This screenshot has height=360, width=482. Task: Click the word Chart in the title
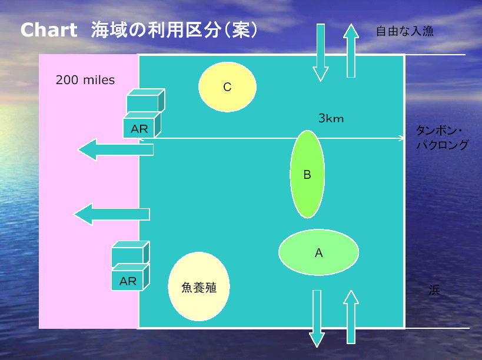(49, 30)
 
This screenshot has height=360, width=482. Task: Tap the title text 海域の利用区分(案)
(174, 30)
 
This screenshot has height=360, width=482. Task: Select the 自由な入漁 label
(404, 31)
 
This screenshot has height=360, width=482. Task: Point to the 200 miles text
(85, 80)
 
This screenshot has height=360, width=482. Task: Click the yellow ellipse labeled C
(227, 87)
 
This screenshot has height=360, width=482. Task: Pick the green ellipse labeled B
(307, 174)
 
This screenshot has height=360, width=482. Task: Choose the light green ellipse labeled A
(318, 252)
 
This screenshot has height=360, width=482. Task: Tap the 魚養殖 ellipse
(199, 286)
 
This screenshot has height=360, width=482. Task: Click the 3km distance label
(331, 118)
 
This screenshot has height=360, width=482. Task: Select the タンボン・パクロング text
(442, 138)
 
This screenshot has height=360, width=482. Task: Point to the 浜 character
(434, 290)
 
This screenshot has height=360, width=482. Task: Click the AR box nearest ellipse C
(142, 125)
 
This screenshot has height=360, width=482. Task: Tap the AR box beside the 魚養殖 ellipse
(130, 277)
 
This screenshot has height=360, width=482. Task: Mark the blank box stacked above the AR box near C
(146, 101)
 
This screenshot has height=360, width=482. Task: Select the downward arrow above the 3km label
(321, 52)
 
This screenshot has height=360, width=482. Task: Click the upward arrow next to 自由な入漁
(351, 51)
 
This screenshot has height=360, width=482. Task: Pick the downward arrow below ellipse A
(317, 319)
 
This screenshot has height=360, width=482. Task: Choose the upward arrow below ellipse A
(351, 316)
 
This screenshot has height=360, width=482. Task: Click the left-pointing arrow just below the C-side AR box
(115, 149)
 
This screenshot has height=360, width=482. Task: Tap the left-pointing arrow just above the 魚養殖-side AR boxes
(112, 214)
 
